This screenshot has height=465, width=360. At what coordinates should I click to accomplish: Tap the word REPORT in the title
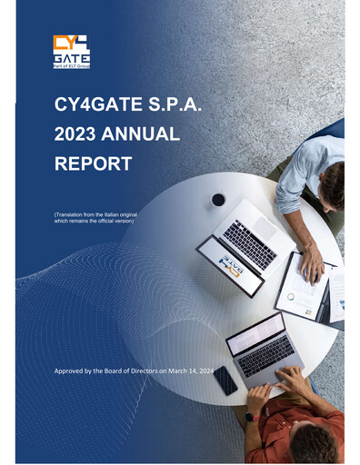click(x=93, y=165)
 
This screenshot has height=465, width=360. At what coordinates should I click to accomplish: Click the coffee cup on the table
click(x=218, y=199)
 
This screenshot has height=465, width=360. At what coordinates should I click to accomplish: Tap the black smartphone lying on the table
click(x=225, y=380)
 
